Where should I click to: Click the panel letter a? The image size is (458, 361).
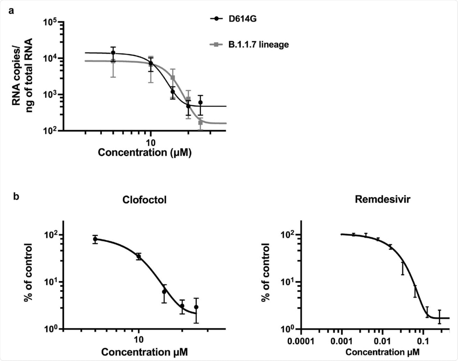pos(12,11)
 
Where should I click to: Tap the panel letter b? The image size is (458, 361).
pos(16,197)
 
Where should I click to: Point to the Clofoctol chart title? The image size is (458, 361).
pos(144,200)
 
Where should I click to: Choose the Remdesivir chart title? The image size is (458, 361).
pos(382,199)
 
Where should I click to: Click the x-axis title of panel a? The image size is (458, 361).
pos(145,152)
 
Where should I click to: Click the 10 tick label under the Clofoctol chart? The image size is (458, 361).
pos(138,340)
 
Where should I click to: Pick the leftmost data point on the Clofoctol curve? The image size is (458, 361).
pos(95,239)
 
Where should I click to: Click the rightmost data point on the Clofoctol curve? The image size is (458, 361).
pos(196,307)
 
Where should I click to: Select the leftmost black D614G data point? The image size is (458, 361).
pos(113,52)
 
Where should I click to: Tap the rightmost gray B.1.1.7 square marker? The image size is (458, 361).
pos(200,122)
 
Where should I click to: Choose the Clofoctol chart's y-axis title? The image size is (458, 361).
pos(29,273)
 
